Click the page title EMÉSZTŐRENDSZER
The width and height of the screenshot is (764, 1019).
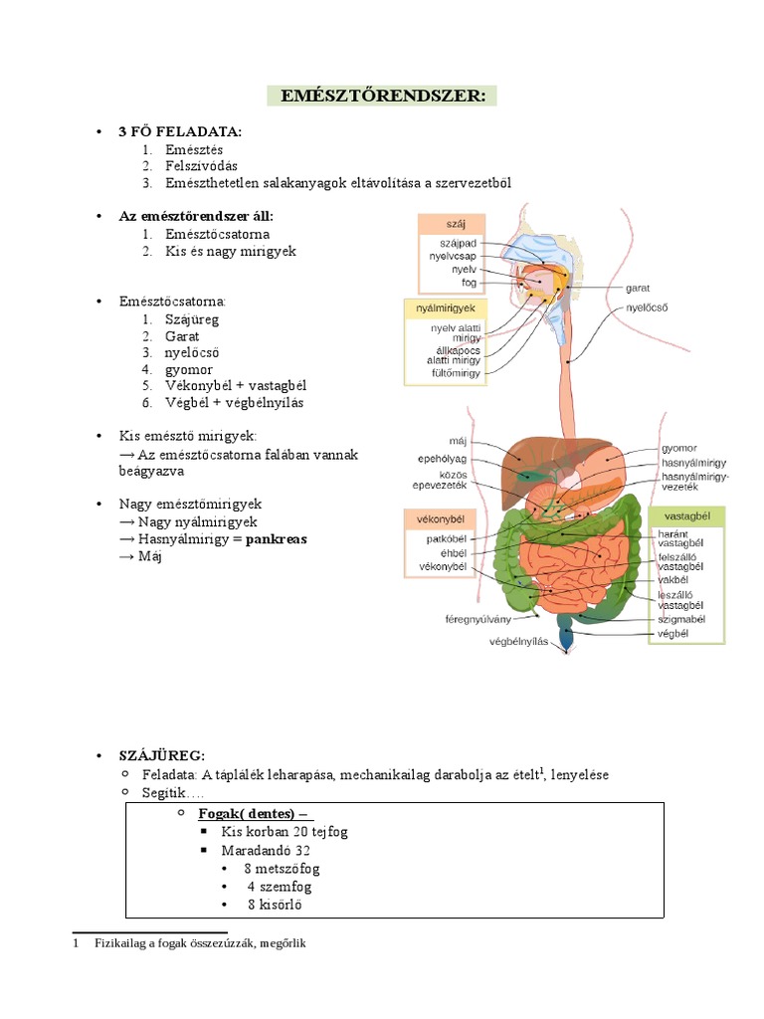click(382, 97)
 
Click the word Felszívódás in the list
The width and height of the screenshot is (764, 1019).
click(202, 166)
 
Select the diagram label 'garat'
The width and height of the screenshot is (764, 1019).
click(638, 288)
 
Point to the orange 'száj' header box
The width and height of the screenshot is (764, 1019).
click(450, 225)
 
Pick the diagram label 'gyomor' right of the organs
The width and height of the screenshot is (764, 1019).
click(679, 449)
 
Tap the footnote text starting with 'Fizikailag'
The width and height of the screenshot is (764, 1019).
click(200, 943)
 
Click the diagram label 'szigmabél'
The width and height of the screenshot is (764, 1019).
click(681, 618)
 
